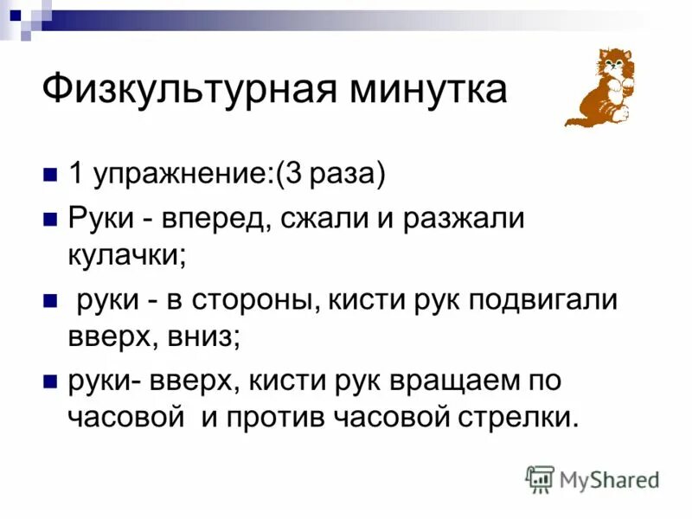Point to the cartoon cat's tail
[x=578, y=113]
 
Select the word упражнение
[x=180, y=176]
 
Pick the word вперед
[x=214, y=219]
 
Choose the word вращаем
[x=466, y=381]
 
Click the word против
[x=276, y=417]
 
